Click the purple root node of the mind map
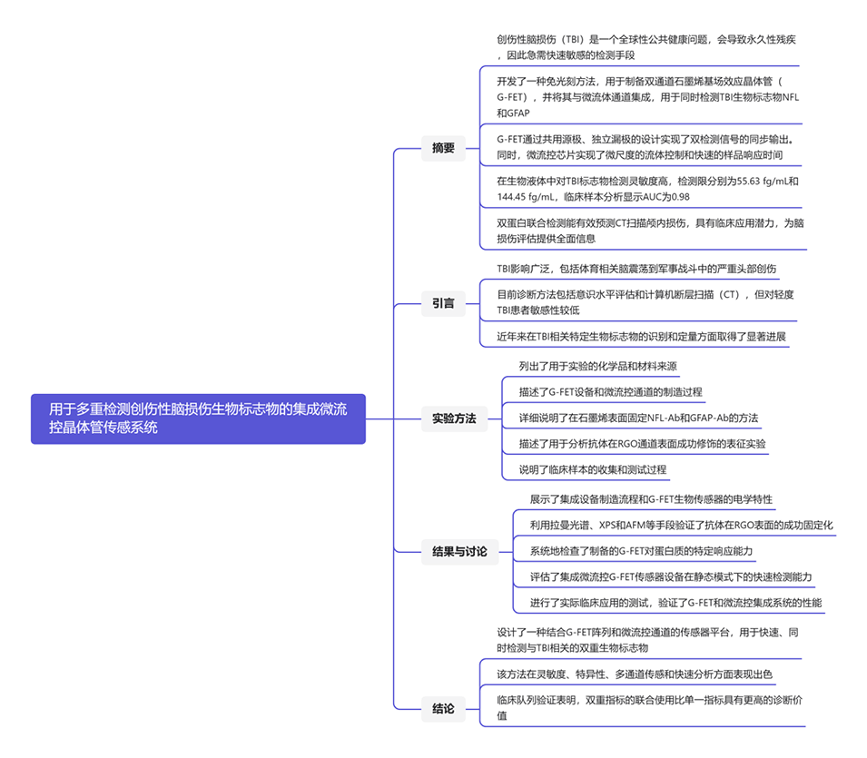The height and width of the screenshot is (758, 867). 198,418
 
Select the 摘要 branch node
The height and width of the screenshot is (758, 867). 443,148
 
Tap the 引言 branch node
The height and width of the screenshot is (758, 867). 443,303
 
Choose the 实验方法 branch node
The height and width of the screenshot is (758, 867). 453,418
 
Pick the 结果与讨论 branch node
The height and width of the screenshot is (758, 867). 459,551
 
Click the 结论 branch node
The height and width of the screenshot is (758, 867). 443,708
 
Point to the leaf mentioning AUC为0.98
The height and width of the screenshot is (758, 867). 647,189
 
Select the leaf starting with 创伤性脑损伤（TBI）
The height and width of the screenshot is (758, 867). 647,47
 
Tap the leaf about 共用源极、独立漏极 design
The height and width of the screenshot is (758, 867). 645,147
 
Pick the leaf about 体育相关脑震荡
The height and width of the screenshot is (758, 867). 636,270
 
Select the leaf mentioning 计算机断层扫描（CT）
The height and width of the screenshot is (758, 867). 645,302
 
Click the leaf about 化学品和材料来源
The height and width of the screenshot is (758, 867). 598,367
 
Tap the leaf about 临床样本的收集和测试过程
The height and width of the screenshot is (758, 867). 593,469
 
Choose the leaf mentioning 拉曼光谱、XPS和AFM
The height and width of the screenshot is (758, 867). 681,525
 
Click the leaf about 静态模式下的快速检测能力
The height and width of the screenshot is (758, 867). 671,576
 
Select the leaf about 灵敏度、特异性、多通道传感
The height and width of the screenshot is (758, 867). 635,674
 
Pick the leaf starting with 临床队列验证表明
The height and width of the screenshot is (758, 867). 647,707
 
